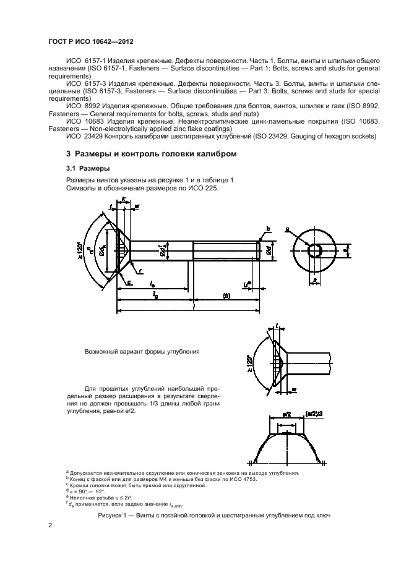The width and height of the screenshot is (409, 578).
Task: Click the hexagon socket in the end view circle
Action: coord(316,249)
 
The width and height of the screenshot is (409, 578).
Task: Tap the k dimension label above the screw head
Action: coord(124,200)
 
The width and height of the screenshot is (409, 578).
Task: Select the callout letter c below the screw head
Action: coord(131,282)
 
